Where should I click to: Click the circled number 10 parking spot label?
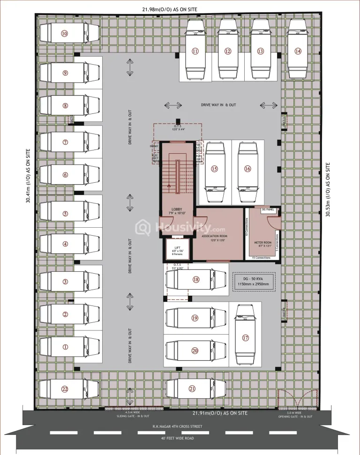pyautogui.click(x=64, y=33)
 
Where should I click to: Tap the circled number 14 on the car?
pyautogui.click(x=298, y=51)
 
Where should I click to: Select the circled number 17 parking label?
pyautogui.click(x=245, y=338)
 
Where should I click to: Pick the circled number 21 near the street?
pyautogui.click(x=192, y=388)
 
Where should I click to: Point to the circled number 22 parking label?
pyautogui.click(x=65, y=389)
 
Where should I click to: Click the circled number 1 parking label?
pyautogui.click(x=65, y=347)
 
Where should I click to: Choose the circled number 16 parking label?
pyautogui.click(x=247, y=169)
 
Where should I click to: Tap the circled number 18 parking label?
pyautogui.click(x=196, y=280)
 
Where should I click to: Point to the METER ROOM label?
pyautogui.click(x=263, y=244)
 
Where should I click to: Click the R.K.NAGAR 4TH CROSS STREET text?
pyautogui.click(x=180, y=427)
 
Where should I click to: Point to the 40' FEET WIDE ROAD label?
pyautogui.click(x=180, y=438)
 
